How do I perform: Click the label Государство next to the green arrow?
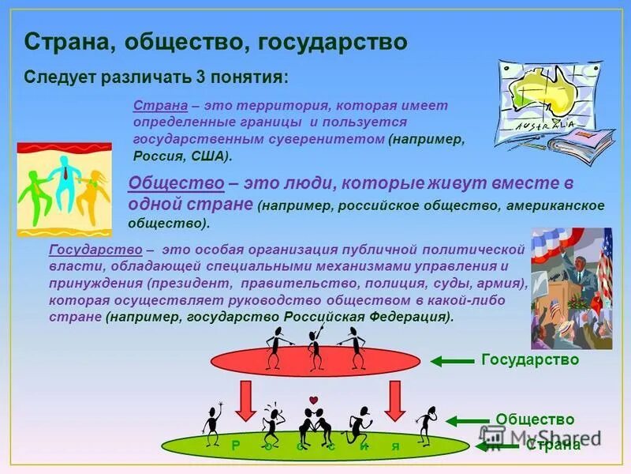[529, 359]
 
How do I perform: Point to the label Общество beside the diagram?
[534, 419]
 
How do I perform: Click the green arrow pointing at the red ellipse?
[451, 361]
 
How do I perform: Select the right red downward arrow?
[395, 401]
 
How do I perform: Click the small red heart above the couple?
[312, 399]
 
